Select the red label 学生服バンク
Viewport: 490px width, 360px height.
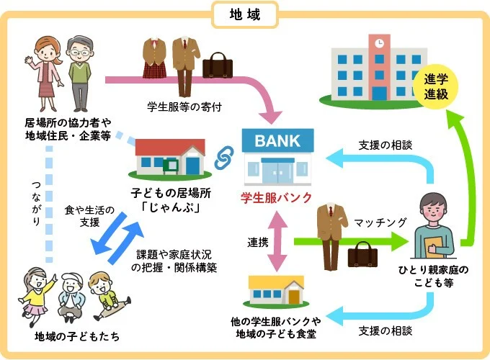click(277, 197)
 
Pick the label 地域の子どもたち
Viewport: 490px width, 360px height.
click(77, 336)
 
